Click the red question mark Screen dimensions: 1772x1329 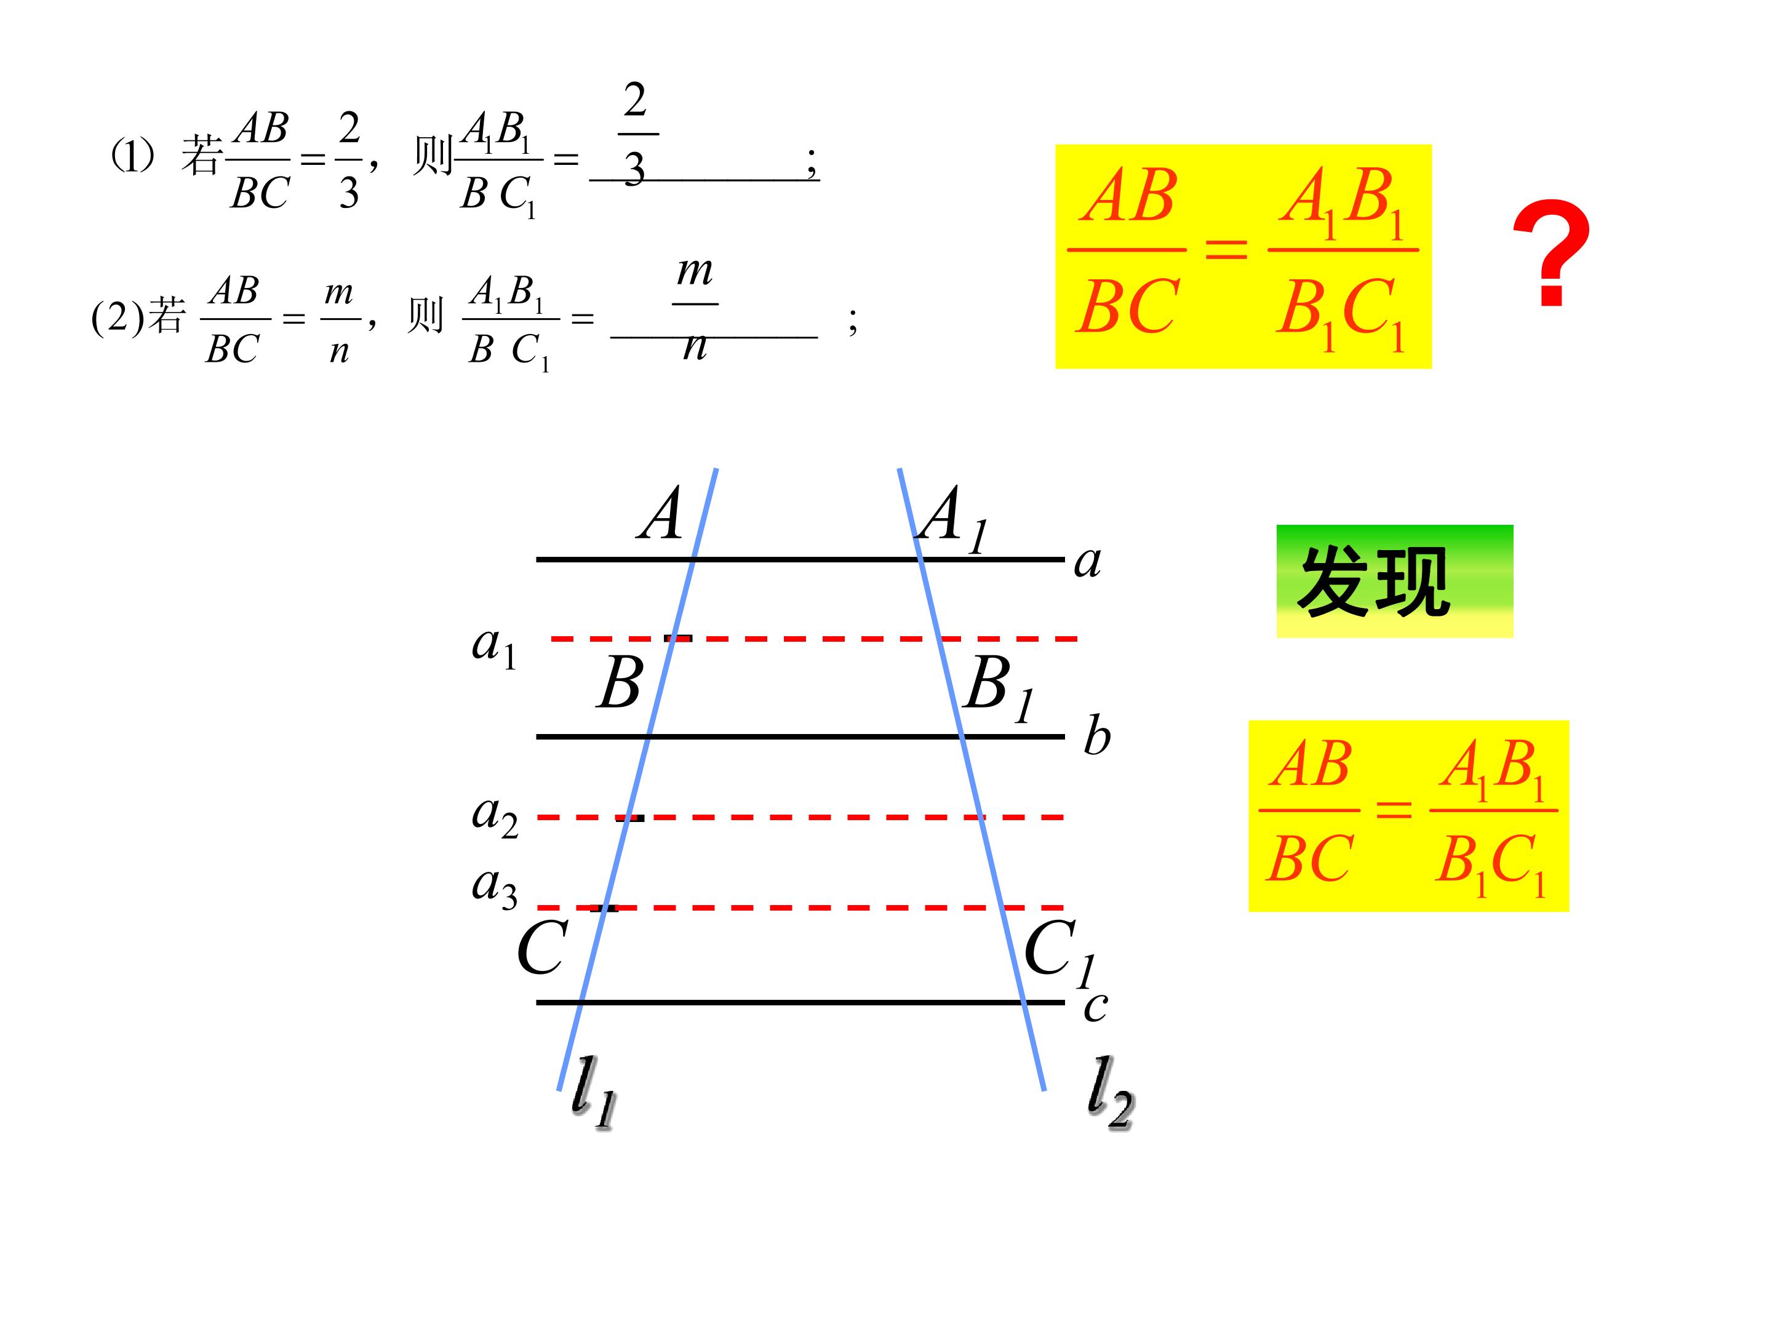(1551, 252)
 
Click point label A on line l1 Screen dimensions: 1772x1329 (660, 514)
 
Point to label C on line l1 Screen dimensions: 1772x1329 (542, 947)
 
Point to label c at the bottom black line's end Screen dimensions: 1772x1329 (1095, 1006)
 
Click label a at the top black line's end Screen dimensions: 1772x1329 (1088, 562)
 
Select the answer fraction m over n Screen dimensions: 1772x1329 (695, 308)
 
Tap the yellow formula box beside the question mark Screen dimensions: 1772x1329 (1243, 257)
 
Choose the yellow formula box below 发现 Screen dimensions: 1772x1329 (1408, 815)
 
